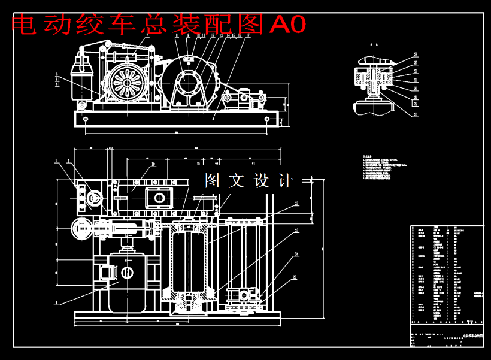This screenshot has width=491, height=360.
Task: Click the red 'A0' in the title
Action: click(288, 24)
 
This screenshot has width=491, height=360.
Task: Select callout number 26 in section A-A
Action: click(416, 55)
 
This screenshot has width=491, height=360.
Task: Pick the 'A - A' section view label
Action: click(374, 44)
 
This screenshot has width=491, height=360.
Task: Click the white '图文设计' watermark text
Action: click(249, 181)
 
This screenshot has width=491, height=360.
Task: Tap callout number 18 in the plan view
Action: click(153, 164)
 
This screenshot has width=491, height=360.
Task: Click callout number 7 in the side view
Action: click(147, 36)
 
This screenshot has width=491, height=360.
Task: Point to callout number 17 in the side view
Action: click(248, 36)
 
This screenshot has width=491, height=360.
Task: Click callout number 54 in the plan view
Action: click(296, 255)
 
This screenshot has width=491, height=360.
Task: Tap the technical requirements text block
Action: click(383, 168)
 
